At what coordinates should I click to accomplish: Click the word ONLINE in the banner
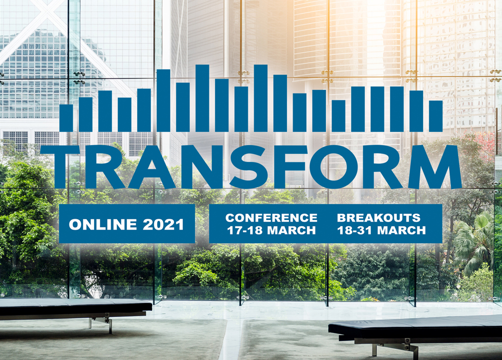(103, 224)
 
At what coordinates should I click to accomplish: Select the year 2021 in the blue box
(163, 224)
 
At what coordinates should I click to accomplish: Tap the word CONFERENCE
(271, 218)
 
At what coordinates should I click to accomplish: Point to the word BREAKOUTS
(378, 218)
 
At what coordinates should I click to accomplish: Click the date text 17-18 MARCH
(271, 230)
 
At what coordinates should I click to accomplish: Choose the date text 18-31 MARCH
(381, 230)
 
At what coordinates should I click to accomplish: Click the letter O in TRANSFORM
(328, 166)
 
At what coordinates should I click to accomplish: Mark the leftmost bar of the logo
(66, 118)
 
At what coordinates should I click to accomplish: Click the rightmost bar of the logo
(436, 116)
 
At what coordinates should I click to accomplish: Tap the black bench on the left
(76, 307)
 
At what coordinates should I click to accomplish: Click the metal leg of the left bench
(103, 323)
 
